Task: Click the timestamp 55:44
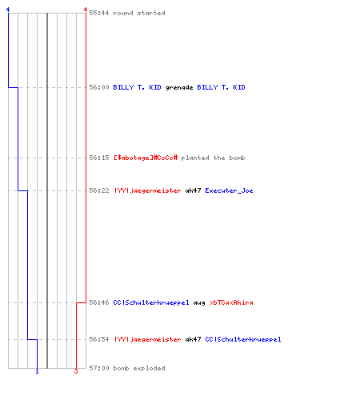[99, 13]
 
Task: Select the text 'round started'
[139, 13]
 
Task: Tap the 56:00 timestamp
[99, 87]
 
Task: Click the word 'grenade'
[179, 88]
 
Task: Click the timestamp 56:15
[99, 158]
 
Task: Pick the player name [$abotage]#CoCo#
[146, 158]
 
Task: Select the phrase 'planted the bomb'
[213, 158]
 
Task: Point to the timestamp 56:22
[99, 190]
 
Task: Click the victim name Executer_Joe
[229, 190]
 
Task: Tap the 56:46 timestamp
[99, 302]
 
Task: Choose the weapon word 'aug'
[199, 303]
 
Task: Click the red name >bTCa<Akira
[231, 302]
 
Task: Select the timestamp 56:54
[99, 339]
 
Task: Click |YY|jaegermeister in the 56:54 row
[147, 339]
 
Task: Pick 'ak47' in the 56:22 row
[193, 190]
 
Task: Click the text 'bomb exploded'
[139, 368]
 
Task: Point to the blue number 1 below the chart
[37, 371]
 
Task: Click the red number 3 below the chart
[76, 371]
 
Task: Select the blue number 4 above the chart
[8, 10]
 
